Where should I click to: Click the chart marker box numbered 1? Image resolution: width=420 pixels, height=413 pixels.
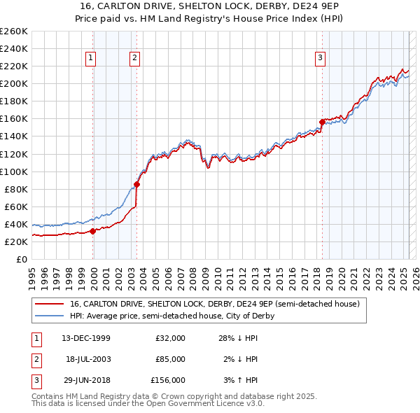[91, 59]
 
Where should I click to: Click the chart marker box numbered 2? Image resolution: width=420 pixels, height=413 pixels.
[134, 59]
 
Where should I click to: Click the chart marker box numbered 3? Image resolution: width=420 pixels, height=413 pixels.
[320, 59]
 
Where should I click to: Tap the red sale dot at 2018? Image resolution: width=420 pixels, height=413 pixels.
[322, 122]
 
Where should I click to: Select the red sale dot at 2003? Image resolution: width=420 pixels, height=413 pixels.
[137, 185]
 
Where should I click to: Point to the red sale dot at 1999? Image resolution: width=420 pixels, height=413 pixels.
[93, 230]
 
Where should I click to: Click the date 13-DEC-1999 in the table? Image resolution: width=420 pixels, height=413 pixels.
[85, 338]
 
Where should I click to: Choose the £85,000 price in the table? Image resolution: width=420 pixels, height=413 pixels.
[171, 359]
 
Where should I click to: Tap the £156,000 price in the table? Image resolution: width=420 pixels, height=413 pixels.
[169, 380]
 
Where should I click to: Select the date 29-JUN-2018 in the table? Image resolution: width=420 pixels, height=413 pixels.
[85, 380]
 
